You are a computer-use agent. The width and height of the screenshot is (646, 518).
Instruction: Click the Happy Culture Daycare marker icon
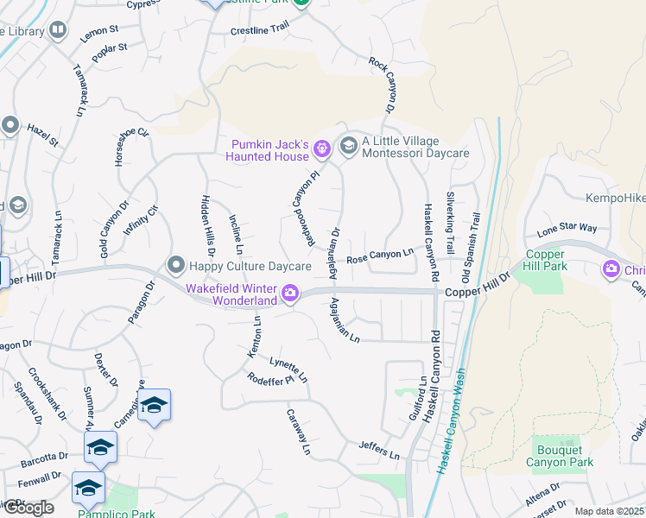(x=176, y=263)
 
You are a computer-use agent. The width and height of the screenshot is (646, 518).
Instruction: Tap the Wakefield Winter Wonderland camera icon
(x=291, y=294)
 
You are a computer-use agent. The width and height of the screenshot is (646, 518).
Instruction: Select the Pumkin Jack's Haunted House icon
(x=322, y=149)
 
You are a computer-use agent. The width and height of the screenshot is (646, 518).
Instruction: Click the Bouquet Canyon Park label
(x=560, y=456)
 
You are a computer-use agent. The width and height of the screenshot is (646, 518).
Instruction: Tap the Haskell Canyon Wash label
(x=453, y=420)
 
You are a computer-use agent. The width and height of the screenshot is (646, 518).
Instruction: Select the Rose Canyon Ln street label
(x=380, y=256)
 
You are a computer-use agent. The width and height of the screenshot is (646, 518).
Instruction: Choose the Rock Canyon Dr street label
(x=381, y=86)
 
